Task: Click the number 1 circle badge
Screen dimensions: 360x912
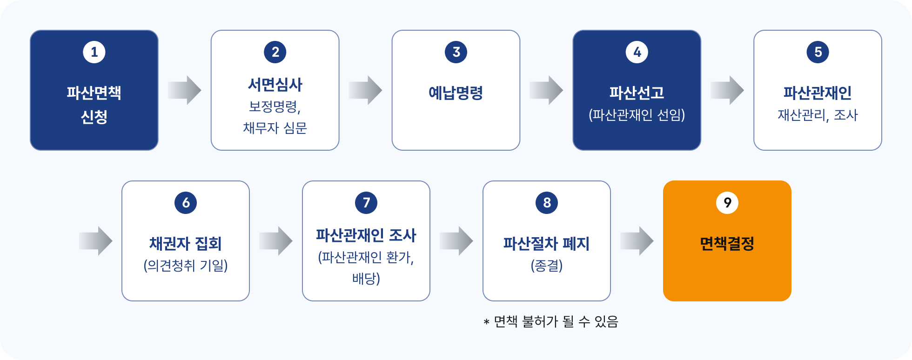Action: [94, 52]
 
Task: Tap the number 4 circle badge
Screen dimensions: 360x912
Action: [637, 52]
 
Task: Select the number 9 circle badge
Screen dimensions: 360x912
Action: [727, 203]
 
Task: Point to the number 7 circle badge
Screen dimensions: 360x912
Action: [366, 203]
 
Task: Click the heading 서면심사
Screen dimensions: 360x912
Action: [275, 85]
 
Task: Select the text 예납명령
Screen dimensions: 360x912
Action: [456, 93]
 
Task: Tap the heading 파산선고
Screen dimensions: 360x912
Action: [637, 93]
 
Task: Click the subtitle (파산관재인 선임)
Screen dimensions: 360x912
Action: [637, 115]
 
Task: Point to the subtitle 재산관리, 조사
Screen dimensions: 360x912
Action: [818, 115]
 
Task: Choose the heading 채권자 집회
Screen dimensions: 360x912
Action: [186, 244]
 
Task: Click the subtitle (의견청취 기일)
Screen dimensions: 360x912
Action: [186, 266]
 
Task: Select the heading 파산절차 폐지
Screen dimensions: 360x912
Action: [547, 244]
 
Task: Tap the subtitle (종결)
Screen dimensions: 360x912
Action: [547, 266]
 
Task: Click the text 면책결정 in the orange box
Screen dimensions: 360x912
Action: [727, 244]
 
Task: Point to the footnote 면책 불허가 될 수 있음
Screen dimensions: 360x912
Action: [556, 321]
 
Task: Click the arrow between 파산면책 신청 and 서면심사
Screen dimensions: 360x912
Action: [184, 90]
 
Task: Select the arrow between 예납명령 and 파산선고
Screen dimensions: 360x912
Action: [546, 90]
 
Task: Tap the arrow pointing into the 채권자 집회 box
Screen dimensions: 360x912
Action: [95, 241]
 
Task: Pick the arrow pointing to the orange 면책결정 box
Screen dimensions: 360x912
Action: [637, 241]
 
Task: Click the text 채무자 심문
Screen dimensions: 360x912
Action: [275, 128]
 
